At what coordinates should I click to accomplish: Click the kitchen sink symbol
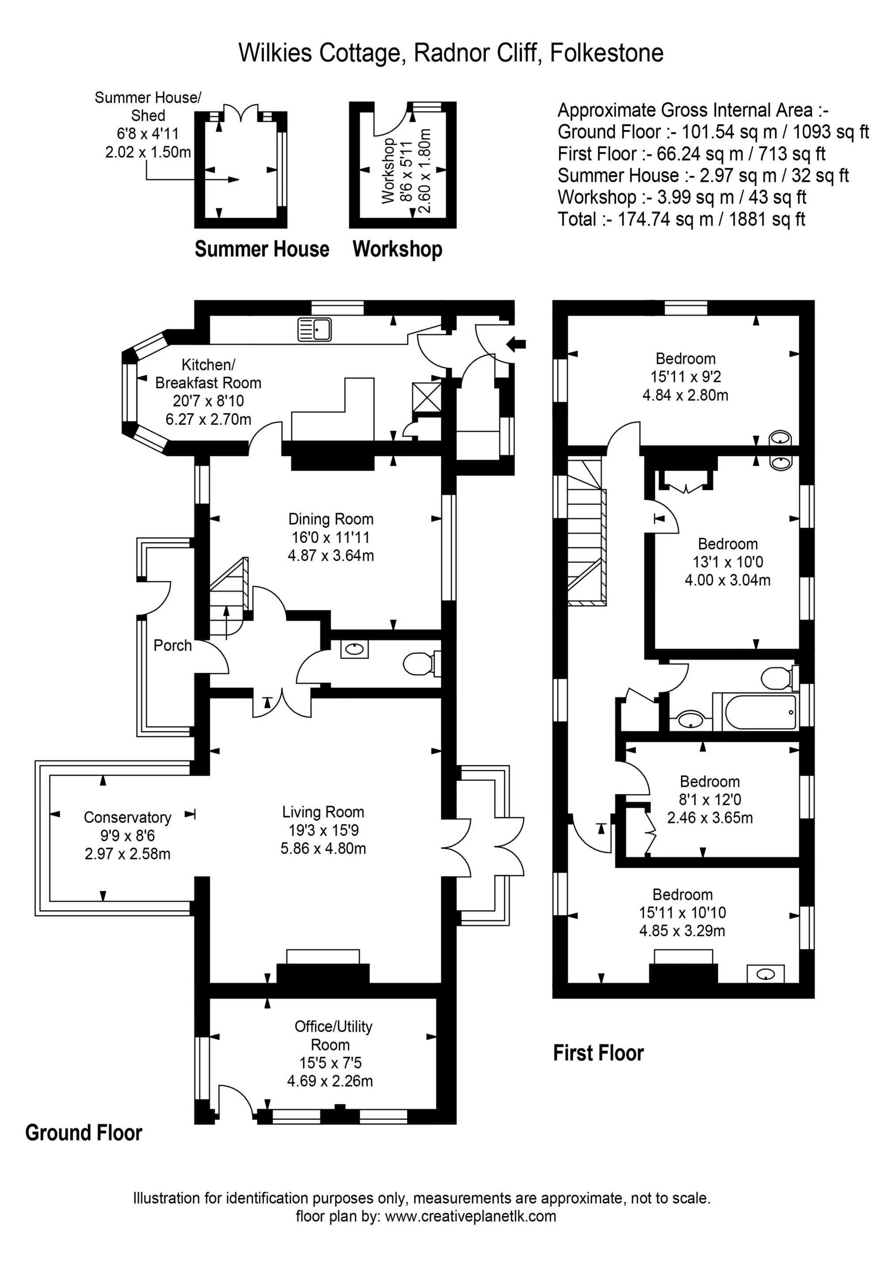pyautogui.click(x=314, y=330)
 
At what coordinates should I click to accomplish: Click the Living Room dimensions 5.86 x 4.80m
pyautogui.click(x=323, y=848)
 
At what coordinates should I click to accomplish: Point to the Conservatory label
pyautogui.click(x=127, y=817)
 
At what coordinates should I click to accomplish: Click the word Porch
pyautogui.click(x=172, y=645)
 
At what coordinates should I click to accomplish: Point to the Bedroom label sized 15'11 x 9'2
pyautogui.click(x=686, y=359)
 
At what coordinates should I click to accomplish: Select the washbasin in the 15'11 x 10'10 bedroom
pyautogui.click(x=766, y=974)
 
